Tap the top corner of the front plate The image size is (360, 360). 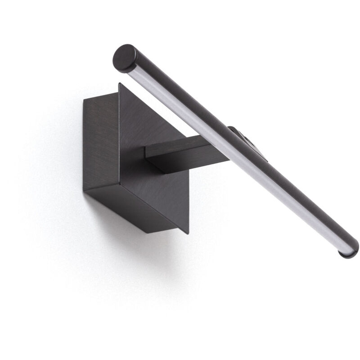[x=120, y=84]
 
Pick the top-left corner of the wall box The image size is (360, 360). [x=85, y=100]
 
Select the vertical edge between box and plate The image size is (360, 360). [x=119, y=135]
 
